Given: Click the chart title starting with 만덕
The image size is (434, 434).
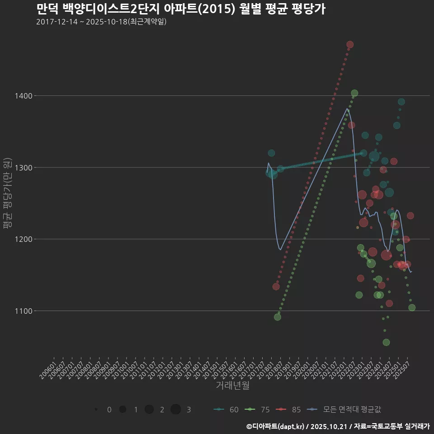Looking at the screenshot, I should (180, 9).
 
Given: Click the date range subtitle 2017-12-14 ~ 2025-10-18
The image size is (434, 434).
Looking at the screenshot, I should (101, 22).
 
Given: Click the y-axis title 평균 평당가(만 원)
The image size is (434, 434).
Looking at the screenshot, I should (6, 194).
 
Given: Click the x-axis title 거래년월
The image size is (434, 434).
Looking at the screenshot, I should (232, 385).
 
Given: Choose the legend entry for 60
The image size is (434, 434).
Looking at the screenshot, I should (226, 410).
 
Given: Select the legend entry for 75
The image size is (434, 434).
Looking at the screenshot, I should (257, 410).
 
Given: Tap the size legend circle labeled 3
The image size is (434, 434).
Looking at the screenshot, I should (176, 410).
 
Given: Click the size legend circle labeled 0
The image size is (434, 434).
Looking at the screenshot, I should (96, 410).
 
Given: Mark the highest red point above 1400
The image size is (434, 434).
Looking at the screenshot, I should (349, 45).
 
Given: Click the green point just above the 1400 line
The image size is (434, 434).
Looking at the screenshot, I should (354, 93).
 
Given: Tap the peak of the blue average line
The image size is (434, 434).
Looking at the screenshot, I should (347, 108).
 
